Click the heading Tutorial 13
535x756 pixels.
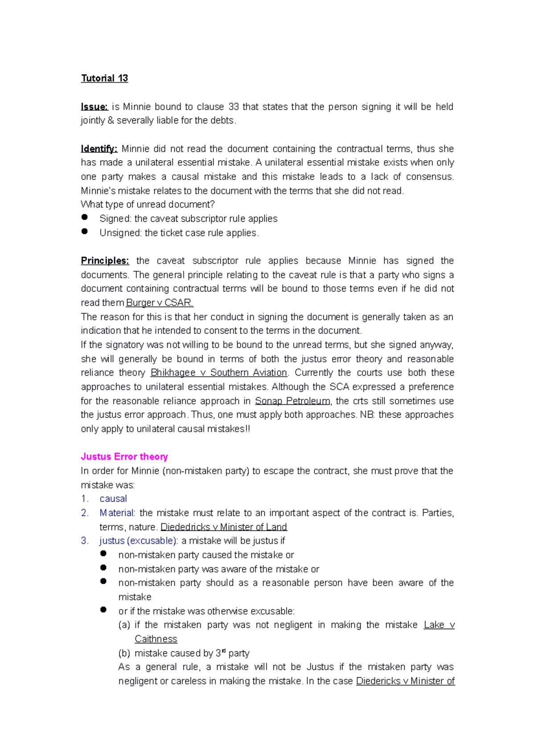click(104, 78)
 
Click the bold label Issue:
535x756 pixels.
click(94, 107)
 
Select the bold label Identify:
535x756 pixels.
click(99, 149)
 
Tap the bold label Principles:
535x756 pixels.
click(105, 261)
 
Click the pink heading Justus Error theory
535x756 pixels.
click(124, 457)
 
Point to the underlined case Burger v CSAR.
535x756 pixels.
click(159, 303)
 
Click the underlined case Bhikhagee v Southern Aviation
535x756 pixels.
click(219, 373)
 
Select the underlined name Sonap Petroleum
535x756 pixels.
click(292, 401)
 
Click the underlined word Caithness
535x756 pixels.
click(156, 639)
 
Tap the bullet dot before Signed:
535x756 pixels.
click(85, 217)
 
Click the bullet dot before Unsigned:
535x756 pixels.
click(85, 232)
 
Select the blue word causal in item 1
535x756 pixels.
click(113, 499)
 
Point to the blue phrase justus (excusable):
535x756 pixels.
click(139, 541)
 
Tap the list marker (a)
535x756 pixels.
click(124, 625)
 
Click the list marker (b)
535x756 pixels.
click(124, 654)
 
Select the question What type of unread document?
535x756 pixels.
click(148, 205)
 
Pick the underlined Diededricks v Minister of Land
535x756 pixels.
click(223, 527)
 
